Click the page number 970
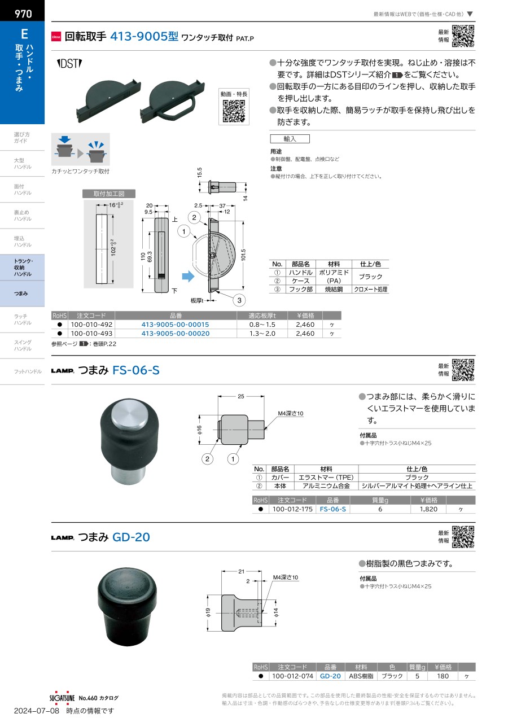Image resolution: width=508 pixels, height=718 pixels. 23,14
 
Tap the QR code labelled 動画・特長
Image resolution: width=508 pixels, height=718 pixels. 234,111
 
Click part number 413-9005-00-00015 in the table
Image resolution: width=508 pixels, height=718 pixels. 176,325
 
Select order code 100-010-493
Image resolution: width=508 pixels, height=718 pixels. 91,334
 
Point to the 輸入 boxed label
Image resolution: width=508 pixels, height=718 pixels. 290,139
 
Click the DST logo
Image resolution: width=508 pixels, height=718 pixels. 69,63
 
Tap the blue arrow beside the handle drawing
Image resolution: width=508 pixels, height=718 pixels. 188,276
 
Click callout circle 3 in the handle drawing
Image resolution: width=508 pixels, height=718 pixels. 239,300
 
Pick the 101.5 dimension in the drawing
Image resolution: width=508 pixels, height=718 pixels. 244,255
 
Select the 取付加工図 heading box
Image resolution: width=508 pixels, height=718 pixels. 109,194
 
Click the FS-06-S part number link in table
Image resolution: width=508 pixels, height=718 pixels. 332,509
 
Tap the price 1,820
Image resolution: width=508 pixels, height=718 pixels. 428,509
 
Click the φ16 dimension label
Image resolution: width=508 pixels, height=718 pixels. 199,430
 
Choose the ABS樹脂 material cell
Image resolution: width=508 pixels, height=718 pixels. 361,676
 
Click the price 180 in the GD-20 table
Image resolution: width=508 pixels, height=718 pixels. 443,676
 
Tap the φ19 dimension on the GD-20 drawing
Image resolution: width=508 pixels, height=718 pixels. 208,612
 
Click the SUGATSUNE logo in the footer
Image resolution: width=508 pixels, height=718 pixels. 62,698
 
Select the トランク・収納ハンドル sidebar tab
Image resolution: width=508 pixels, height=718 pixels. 23,268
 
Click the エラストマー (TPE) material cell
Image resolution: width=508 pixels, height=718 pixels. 326,478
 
